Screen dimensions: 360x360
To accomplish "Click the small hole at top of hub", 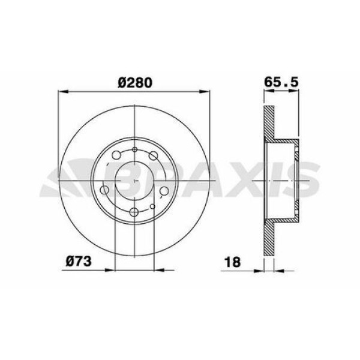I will [135, 150].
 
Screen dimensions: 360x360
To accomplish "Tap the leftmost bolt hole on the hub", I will [105, 191].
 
